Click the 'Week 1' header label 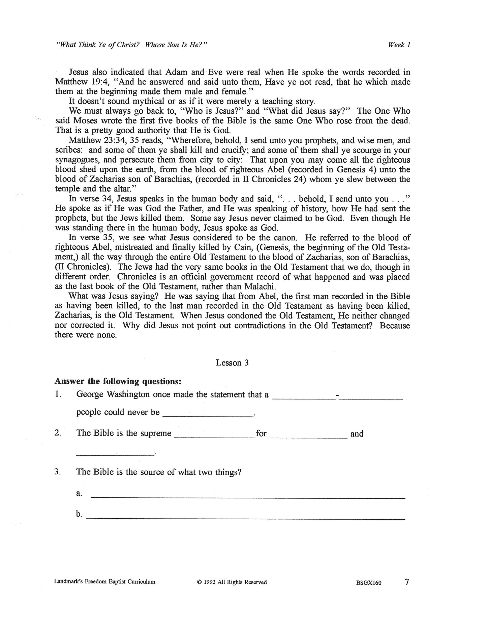pos(399,45)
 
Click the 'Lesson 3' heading pos(232,363)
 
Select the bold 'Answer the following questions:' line pos(118,381)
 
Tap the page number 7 pos(407,582)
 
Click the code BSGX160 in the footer pos(368,583)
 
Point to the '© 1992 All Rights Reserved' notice pos(232,582)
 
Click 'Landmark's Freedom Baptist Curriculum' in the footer pos(104,582)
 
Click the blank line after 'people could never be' pos(208,414)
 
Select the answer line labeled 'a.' pos(248,496)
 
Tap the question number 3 pos(57,472)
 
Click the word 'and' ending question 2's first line pos(357,434)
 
